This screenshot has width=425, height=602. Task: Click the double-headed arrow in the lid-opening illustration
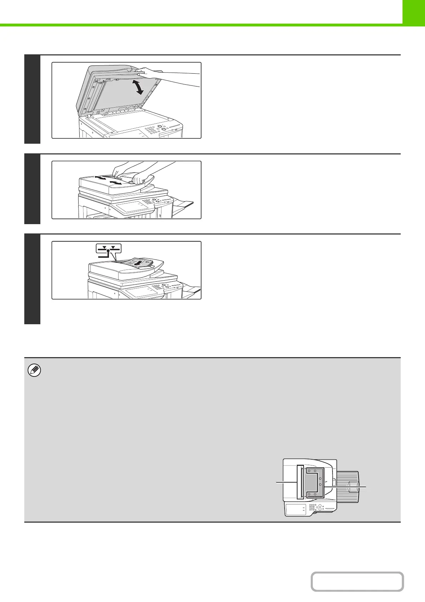(137, 87)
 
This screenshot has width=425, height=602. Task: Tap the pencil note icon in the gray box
(34, 371)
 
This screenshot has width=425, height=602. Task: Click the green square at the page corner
(413, 11)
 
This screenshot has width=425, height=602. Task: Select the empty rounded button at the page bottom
(357, 581)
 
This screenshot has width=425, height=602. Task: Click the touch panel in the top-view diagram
(295, 509)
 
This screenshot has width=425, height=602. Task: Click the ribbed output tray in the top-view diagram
(348, 487)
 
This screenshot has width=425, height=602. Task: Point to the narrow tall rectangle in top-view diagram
(300, 482)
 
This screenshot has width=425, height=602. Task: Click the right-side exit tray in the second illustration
(183, 206)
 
